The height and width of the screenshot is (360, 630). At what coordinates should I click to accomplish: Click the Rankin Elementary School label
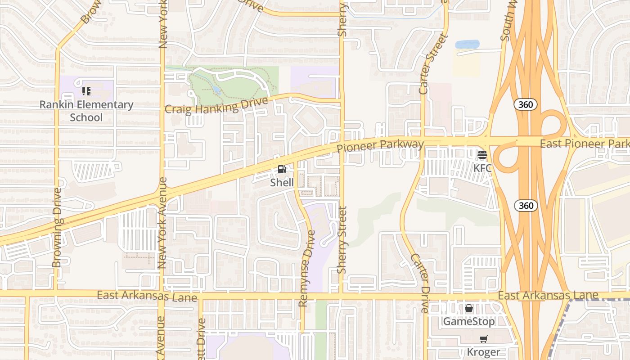click(x=86, y=111)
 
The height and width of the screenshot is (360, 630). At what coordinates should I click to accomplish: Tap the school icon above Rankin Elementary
click(x=86, y=91)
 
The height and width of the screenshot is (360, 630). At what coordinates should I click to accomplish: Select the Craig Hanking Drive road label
click(x=216, y=107)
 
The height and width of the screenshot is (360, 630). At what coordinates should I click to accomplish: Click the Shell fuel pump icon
click(x=282, y=169)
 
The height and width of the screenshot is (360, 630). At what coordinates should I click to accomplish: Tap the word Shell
click(x=282, y=182)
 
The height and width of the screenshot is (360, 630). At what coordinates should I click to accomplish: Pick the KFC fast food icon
click(x=482, y=155)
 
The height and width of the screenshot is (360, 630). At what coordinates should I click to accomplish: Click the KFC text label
click(x=482, y=168)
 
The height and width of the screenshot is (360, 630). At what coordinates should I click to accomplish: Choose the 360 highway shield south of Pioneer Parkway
click(x=526, y=206)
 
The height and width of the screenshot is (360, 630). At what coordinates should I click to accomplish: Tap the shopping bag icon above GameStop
click(x=469, y=308)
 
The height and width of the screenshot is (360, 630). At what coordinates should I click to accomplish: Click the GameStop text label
click(x=469, y=321)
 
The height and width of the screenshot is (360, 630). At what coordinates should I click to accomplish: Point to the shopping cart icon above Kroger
click(x=483, y=339)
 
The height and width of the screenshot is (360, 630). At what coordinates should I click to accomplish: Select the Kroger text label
click(x=483, y=352)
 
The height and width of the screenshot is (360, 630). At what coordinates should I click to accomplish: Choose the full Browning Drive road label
click(x=57, y=228)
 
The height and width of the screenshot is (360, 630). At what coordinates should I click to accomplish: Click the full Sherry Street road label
click(x=342, y=240)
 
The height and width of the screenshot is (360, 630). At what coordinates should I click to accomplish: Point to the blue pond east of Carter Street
click(x=467, y=44)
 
